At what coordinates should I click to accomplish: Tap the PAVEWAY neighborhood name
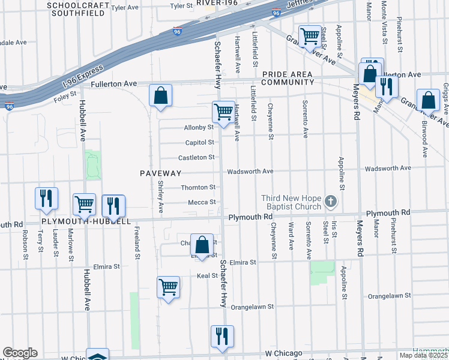(x=160, y=173)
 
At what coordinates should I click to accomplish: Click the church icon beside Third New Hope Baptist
(x=330, y=202)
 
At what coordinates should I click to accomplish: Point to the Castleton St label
(x=196, y=157)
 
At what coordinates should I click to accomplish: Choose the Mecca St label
(x=202, y=202)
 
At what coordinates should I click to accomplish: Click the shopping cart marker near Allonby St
(x=223, y=112)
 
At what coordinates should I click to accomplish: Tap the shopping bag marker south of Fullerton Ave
(x=161, y=96)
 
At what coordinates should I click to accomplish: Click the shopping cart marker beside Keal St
(x=169, y=287)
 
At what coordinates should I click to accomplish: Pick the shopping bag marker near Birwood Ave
(x=429, y=101)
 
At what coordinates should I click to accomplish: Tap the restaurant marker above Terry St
(x=47, y=199)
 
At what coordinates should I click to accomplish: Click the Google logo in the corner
(x=20, y=353)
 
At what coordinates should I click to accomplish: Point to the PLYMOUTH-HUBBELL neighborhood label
(x=86, y=221)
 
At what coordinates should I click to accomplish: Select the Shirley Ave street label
(x=161, y=197)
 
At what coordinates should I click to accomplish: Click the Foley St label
(x=65, y=94)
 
